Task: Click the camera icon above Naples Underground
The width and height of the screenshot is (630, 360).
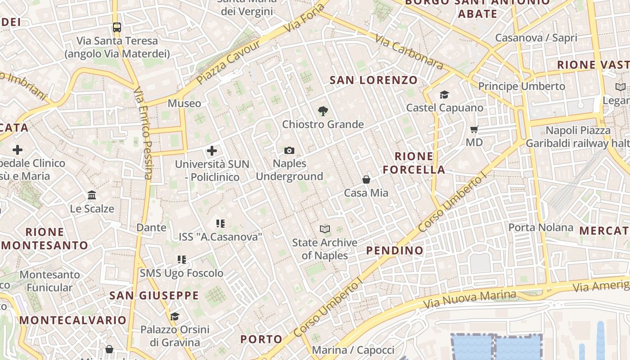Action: (x=289, y=150)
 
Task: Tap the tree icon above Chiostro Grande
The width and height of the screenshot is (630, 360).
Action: (x=323, y=111)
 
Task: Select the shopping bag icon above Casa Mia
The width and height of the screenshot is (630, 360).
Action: (x=366, y=180)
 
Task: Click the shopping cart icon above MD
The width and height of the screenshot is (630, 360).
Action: (x=474, y=130)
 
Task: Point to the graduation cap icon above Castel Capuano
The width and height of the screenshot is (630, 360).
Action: (x=445, y=94)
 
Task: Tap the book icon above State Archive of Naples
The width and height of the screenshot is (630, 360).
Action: (x=325, y=229)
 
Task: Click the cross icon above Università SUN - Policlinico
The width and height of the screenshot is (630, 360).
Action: (x=212, y=151)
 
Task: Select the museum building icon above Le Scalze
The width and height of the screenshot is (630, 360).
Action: (x=92, y=195)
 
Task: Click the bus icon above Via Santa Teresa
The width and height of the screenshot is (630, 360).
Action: (x=117, y=27)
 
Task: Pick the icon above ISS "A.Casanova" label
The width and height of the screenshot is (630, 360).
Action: (x=220, y=223)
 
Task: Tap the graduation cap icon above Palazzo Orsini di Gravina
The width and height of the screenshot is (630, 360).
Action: (x=175, y=316)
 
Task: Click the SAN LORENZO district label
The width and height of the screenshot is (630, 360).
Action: (x=373, y=80)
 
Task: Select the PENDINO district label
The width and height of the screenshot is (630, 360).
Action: (x=395, y=250)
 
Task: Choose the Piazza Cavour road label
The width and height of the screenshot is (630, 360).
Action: (x=228, y=63)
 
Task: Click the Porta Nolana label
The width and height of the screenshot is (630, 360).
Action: (x=541, y=227)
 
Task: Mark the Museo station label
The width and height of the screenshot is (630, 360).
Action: (x=184, y=103)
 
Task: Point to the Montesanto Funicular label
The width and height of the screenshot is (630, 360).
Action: (x=49, y=281)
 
